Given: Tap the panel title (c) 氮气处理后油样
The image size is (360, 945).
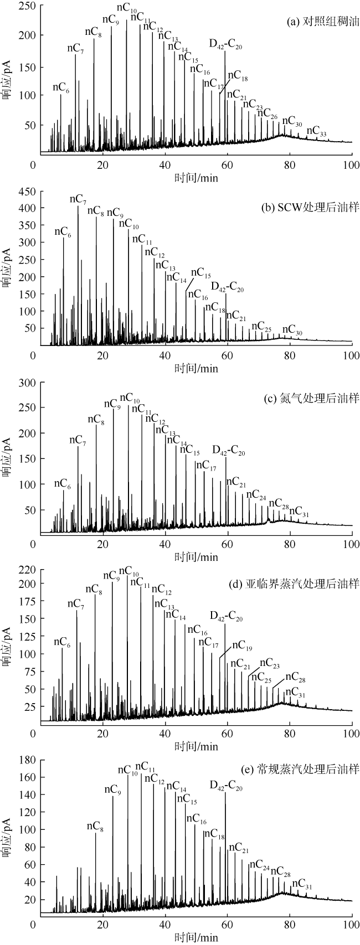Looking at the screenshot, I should (x=320, y=398).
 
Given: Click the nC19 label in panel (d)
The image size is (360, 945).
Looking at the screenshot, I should (x=242, y=646).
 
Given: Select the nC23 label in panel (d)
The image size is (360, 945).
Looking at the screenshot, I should (x=270, y=663).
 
